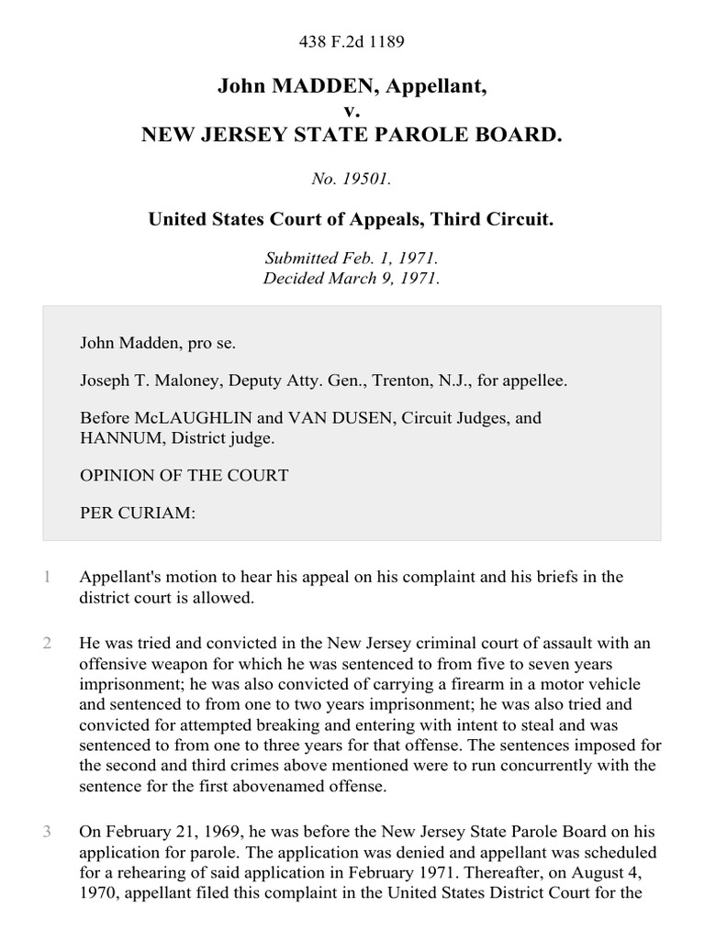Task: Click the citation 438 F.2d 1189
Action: (x=352, y=41)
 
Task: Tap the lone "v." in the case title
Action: (x=352, y=111)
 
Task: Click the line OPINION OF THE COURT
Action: (x=184, y=475)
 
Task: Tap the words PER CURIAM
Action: (x=138, y=513)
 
